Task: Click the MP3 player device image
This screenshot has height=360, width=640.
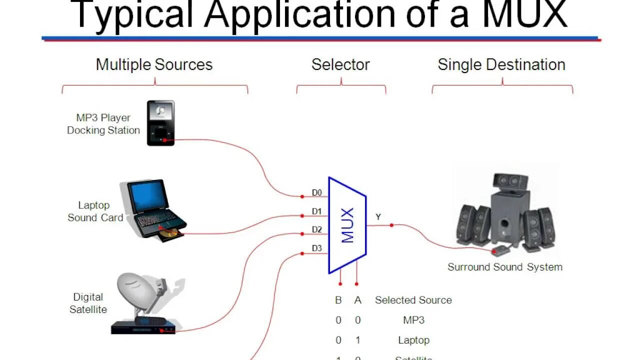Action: coord(160,123)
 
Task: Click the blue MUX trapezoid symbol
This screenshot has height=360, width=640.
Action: coord(347,225)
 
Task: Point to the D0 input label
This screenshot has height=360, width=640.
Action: coord(317,192)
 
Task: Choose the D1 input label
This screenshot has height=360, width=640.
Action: coord(317,211)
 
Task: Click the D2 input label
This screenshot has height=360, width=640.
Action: coord(317,229)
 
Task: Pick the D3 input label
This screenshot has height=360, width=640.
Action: coord(317,248)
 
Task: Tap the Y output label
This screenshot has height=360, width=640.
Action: coord(378,217)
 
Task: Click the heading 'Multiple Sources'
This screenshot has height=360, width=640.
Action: coord(154,64)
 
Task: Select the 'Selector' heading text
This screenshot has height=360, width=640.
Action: coord(340,64)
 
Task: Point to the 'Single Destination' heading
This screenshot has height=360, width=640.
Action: coord(501,64)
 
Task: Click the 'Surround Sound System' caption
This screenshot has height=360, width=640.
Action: coord(504,267)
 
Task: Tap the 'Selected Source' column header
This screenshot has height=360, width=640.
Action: coord(413,300)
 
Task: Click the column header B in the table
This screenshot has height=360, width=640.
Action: coord(338,300)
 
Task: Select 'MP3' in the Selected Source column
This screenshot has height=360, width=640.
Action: coord(413,320)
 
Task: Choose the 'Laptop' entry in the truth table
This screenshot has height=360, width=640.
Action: coord(413,340)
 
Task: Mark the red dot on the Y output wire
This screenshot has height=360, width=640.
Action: coord(391,225)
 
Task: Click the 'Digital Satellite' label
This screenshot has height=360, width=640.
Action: coord(88,303)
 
